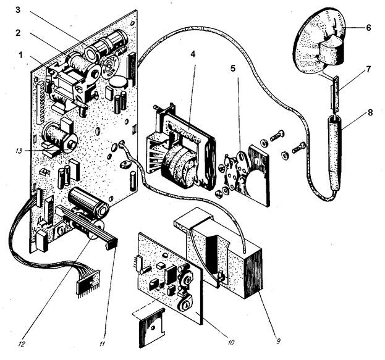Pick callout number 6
368,28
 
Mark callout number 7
368,70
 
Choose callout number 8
368,113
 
